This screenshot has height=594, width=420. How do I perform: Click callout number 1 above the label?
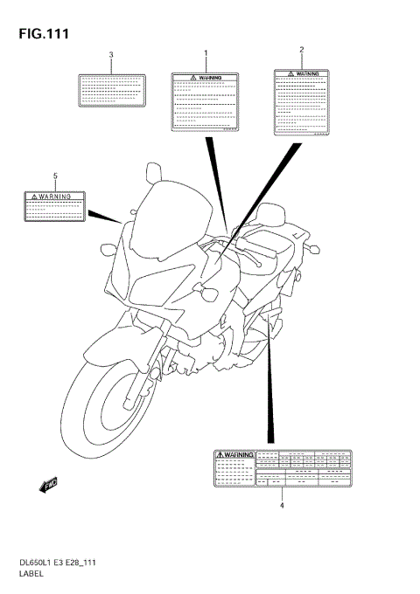coord(206,54)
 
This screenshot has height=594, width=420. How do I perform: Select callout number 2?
coord(302,50)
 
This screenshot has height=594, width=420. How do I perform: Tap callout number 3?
coord(111,56)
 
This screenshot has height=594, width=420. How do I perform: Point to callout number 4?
coord(282,505)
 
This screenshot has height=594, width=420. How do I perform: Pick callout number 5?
coord(55,176)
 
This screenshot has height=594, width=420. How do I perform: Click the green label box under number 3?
coord(111,90)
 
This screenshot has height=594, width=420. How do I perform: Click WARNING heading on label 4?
coord(234,455)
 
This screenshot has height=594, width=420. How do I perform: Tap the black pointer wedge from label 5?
coord(102,215)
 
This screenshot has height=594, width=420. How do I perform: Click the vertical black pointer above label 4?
coord(270,384)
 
